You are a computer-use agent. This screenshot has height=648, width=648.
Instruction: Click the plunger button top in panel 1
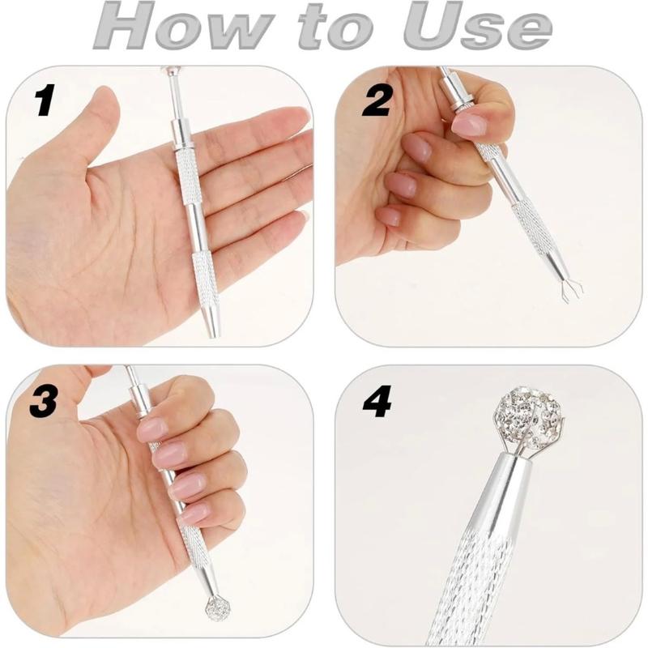click(x=169, y=71)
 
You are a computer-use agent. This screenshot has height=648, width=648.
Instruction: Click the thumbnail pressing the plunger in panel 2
click(x=469, y=124)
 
